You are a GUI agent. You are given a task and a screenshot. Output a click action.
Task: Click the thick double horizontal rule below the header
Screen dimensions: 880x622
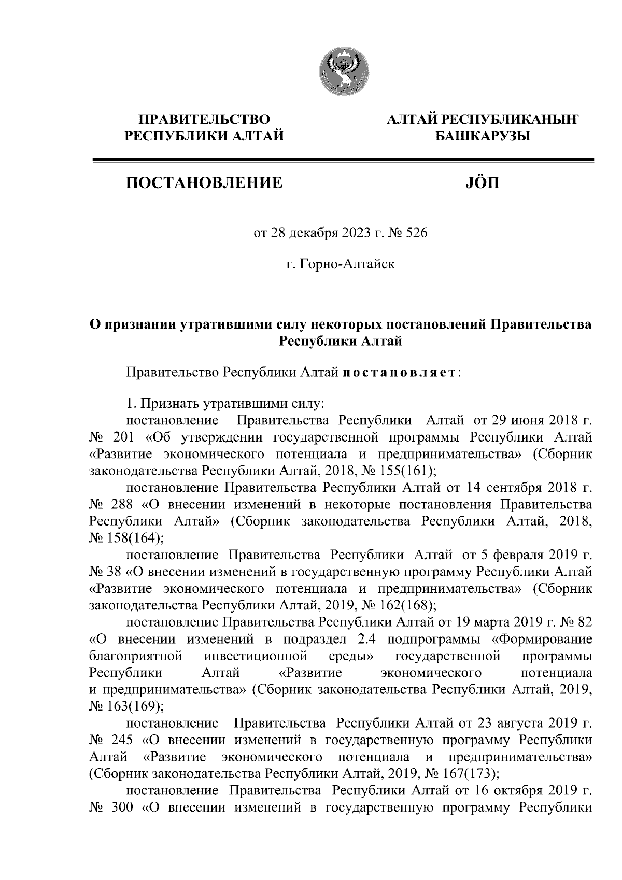(x=342, y=161)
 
